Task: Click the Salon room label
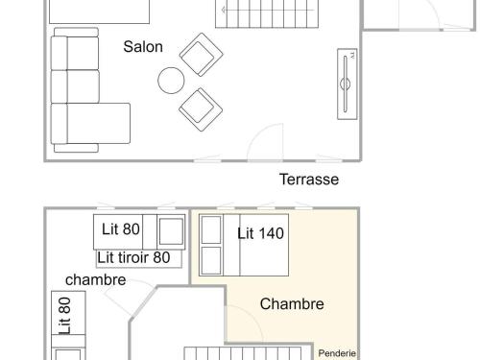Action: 143,46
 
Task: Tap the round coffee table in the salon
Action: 172,80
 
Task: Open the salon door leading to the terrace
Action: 263,144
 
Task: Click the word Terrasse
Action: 309,180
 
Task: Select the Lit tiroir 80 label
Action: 134,257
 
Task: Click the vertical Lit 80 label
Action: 65,314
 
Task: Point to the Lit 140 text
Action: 261,232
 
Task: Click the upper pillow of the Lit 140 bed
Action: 211,230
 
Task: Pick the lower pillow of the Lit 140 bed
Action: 211,260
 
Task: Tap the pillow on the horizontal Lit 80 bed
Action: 172,231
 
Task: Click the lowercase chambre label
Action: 96,279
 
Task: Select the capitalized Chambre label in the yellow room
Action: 292,304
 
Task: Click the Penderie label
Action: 338,353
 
